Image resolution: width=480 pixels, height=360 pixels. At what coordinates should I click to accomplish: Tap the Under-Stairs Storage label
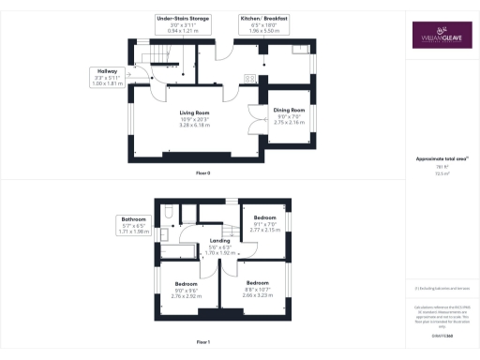coord(183,24)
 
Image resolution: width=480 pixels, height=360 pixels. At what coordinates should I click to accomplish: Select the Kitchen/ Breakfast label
coord(263,24)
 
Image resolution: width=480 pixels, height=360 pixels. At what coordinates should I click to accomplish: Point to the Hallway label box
coord(105,77)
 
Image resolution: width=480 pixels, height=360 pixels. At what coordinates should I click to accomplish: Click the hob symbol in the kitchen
coord(248,79)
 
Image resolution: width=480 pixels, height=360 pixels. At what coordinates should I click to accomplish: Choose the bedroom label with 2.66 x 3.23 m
coord(258,286)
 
